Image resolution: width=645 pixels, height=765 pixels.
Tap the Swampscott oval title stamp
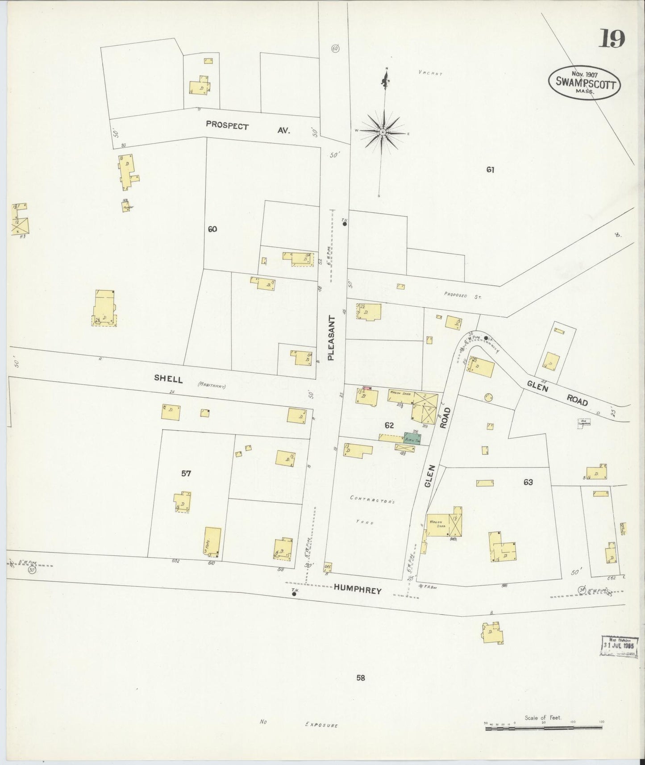(585, 83)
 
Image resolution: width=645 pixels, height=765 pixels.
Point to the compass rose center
(383, 133)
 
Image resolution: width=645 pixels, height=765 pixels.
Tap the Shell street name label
(168, 378)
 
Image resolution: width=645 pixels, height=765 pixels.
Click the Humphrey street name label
(358, 590)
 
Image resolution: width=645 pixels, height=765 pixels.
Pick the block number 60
(212, 229)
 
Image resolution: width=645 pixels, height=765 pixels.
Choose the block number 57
(186, 474)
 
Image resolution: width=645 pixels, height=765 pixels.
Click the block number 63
(528, 482)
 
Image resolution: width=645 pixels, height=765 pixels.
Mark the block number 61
(491, 170)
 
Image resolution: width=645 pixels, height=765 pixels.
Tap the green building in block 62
(412, 438)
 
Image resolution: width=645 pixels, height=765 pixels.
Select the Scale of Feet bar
(544, 728)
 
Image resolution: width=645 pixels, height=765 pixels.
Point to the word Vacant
(430, 73)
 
